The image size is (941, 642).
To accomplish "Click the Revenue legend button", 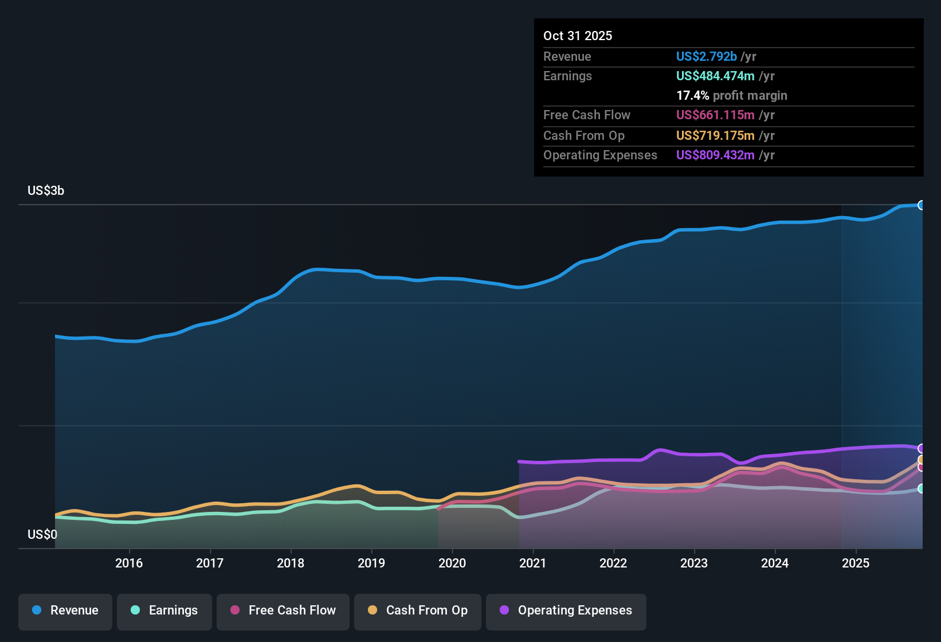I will coord(65,610).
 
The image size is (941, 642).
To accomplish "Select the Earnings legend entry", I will coord(164,610).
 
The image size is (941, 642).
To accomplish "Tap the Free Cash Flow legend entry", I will coord(283,610).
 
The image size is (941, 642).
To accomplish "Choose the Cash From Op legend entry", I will coord(418,610).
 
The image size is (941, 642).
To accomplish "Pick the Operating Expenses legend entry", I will coord(566,610).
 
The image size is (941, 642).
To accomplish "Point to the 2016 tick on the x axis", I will coord(129,563).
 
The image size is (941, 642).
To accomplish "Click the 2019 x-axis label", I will coord(371,563).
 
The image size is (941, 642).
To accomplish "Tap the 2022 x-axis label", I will coord(613,563).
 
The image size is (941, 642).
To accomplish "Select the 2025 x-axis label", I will coord(856,563).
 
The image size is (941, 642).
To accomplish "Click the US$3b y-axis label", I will coord(46,191).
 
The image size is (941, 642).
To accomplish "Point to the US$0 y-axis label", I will coord(42,535).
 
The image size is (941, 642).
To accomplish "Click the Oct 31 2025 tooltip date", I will coord(578,36).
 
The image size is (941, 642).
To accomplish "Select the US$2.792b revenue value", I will coord(706,56).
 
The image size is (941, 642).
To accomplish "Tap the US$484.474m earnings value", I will coord(715,76).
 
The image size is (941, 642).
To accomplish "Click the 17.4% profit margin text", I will coord(731,96).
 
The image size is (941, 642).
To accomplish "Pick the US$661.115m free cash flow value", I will coord(715,115).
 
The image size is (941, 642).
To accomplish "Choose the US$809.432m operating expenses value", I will coord(715,155).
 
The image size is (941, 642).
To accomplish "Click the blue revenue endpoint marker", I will coord(922,205).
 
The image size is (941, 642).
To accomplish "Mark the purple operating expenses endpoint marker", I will coord(922,448).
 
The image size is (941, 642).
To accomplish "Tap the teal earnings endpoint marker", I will coord(922,488).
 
